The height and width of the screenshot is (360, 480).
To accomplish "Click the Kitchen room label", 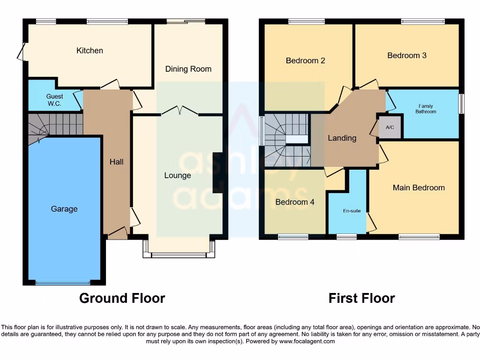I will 90,51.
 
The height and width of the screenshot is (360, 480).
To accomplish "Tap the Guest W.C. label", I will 54,100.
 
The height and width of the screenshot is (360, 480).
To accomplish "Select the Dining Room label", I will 188,69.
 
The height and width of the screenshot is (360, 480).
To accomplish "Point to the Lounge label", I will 178,175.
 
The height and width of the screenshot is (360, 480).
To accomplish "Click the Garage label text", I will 64,209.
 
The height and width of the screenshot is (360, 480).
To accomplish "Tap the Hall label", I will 116,162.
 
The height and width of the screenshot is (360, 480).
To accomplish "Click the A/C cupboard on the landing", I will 390,127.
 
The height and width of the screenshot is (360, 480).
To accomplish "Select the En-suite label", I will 352,211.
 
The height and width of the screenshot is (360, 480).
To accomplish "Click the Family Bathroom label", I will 426,109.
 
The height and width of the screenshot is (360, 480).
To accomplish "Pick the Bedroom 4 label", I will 295,202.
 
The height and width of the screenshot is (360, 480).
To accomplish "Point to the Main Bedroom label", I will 419,187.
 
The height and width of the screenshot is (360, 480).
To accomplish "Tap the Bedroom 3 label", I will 407,55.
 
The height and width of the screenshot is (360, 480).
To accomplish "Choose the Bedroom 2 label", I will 305,60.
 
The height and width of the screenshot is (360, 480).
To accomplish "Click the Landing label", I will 342,138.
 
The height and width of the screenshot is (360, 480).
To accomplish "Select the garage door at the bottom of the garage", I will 63,283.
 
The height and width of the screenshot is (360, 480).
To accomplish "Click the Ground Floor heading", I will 122,298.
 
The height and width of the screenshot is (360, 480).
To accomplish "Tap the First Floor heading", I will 361,298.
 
